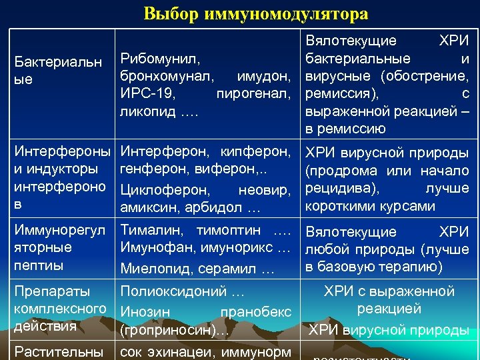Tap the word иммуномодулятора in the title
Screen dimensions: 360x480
278,14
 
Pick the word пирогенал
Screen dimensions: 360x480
255,93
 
